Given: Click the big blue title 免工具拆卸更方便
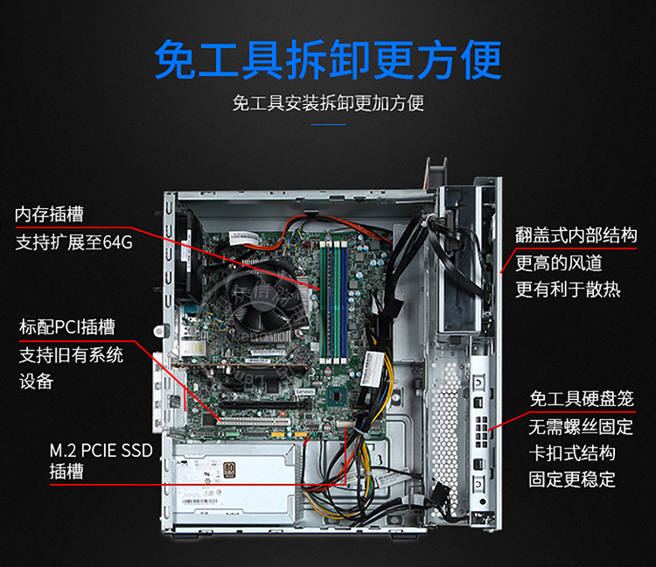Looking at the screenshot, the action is point(328,59).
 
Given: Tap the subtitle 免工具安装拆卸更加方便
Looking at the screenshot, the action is point(328,103).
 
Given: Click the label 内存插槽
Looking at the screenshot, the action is point(49,214).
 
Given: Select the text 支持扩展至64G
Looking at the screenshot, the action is point(74,242).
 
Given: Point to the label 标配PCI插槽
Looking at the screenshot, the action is point(67,326).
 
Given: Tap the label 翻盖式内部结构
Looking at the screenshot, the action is point(576,235).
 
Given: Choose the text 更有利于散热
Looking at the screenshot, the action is point(568,289).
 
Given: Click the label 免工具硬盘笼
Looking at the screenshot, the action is point(582,399).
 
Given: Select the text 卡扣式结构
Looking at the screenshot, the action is point(572,453).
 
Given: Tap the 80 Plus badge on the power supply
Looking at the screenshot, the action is point(229,470).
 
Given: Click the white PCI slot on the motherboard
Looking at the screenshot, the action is point(253,422).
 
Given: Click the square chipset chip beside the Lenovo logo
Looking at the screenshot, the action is point(338,395).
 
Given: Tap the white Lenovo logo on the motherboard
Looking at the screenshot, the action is point(304,392).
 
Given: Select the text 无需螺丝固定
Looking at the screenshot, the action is point(581,427).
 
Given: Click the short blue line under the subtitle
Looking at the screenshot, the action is point(328,124).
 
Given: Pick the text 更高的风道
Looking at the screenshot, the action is point(559,263).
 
